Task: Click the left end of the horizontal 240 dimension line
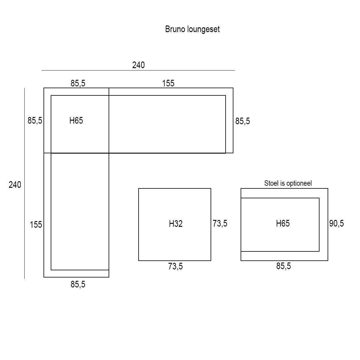(x=42, y=70)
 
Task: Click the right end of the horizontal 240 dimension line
(x=235, y=70)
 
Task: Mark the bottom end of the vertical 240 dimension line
(x=25, y=278)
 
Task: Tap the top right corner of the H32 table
(x=211, y=188)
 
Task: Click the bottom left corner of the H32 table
(x=138, y=261)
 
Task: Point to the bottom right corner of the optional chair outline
(x=328, y=261)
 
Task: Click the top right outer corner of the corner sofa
(x=233, y=88)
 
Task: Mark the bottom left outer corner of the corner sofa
(x=44, y=277)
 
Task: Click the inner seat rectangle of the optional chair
(x=280, y=225)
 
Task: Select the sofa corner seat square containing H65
(x=80, y=124)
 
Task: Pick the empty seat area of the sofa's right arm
(x=167, y=124)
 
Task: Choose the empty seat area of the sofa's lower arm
(x=80, y=211)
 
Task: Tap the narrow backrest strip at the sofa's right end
(x=229, y=121)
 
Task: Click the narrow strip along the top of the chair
(x=284, y=193)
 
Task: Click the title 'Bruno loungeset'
(x=192, y=29)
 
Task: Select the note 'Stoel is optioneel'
(x=288, y=183)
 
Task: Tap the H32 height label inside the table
(x=175, y=223)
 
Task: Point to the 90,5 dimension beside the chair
(x=337, y=223)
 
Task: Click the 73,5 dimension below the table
(x=175, y=266)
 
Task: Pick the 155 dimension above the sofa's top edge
(x=168, y=83)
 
